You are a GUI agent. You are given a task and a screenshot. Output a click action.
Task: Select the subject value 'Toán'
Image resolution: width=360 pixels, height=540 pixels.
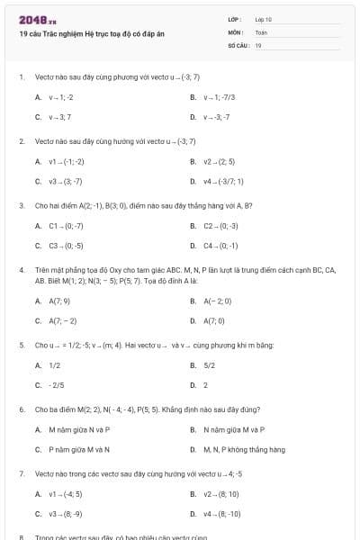261,31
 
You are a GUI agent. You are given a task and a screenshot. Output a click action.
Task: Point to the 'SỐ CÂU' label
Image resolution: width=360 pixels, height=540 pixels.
238,44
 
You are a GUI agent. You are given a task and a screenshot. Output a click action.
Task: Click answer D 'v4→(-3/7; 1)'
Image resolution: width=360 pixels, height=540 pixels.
223,182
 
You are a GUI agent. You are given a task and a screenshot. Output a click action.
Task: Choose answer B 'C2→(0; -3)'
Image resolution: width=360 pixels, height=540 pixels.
220,226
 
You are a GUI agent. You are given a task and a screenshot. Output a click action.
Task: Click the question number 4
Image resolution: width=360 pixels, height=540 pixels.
21,269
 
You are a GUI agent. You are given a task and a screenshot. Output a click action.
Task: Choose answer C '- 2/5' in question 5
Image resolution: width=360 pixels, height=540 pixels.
58,385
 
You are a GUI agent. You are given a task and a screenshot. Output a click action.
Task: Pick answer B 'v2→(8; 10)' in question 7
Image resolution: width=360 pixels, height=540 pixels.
220,494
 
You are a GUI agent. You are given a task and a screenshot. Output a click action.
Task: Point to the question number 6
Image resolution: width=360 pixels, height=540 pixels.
21,409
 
